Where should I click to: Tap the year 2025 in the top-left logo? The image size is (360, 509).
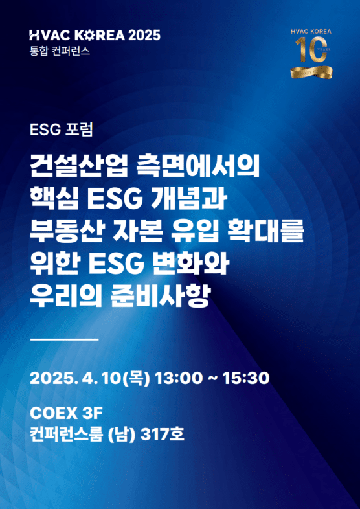(144, 35)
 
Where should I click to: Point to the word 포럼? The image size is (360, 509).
(79, 130)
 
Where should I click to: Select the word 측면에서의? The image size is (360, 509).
(198, 167)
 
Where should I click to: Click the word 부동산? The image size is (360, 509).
(66, 231)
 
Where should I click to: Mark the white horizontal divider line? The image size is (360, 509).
(64, 339)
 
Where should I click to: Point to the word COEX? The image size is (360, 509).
(52, 413)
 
